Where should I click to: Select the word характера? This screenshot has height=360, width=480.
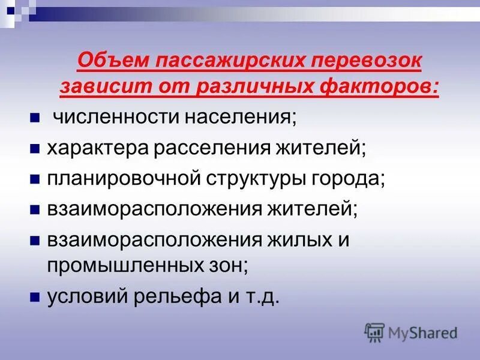tap(98, 147)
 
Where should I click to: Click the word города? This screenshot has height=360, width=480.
tap(350, 178)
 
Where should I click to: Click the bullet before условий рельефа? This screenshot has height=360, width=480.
tap(35, 297)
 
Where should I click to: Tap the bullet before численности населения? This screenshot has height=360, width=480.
tap(35, 116)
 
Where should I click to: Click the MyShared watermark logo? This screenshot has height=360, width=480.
tap(411, 332)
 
